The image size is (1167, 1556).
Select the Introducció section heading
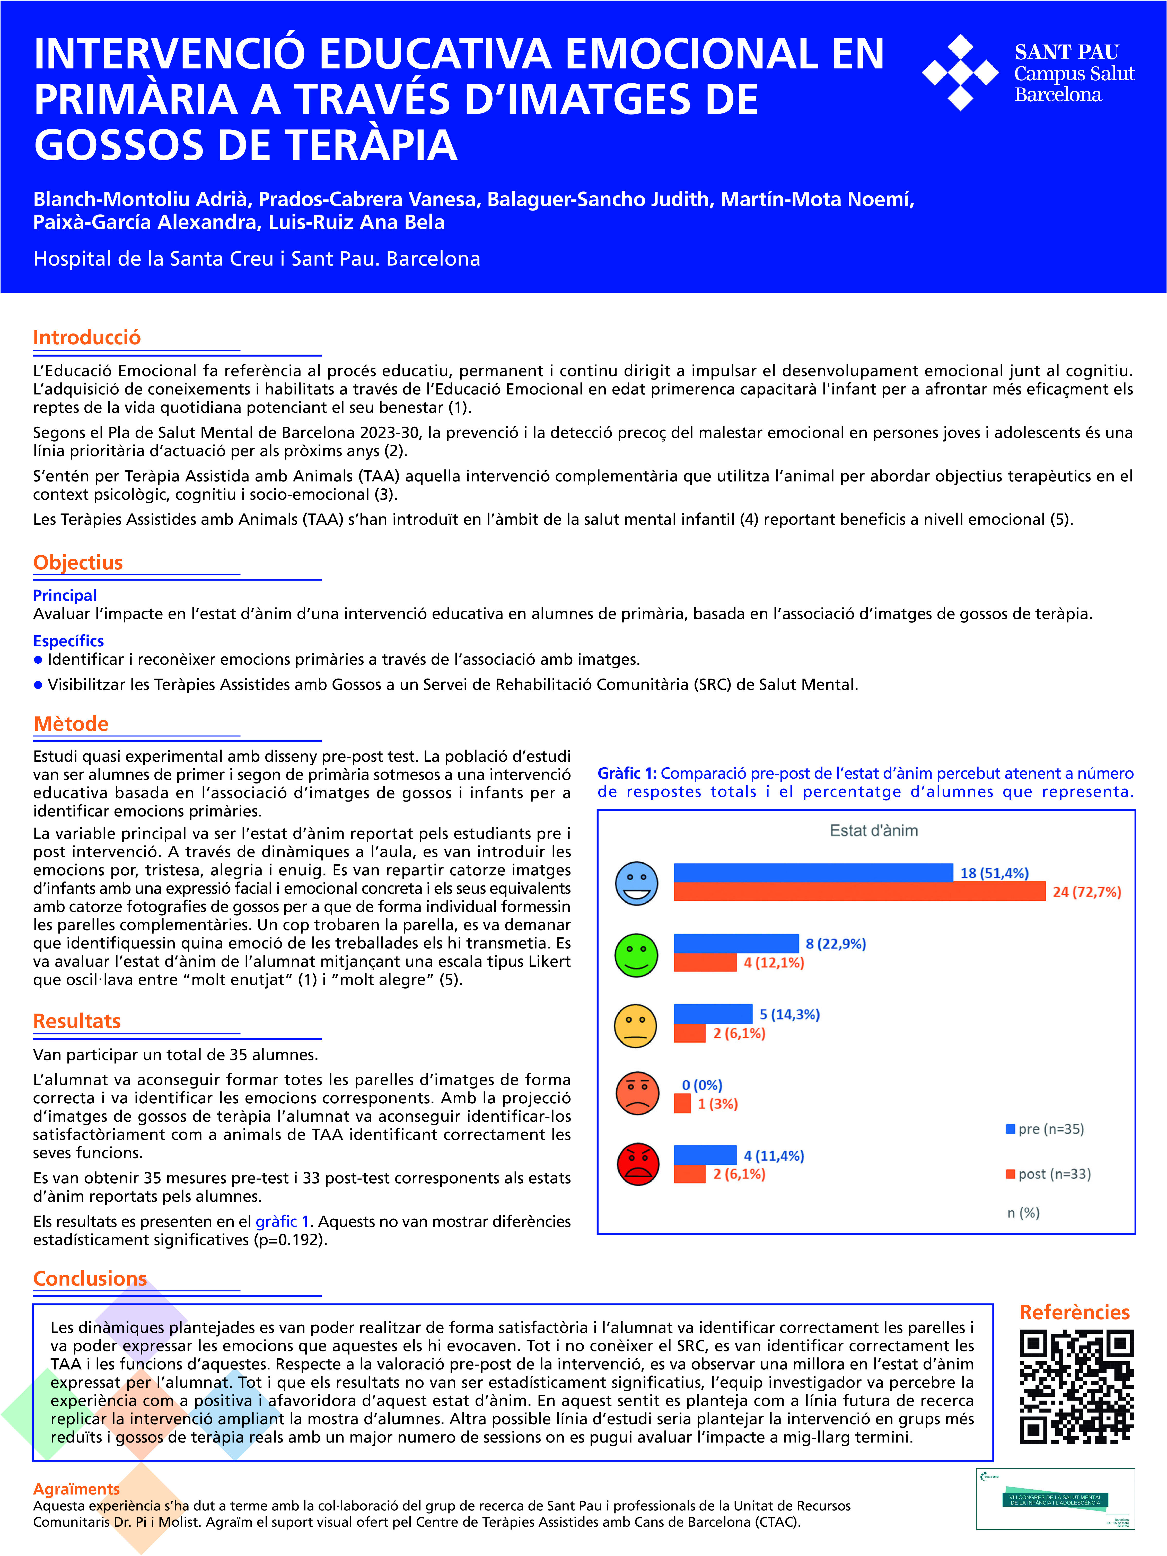coord(86,338)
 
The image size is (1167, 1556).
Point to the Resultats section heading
coord(77,1021)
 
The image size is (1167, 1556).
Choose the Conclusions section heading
coord(90,1279)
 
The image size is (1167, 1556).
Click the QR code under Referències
coord(1076,1386)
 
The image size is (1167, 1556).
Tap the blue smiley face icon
coord(637,884)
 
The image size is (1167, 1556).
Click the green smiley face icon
coord(637,955)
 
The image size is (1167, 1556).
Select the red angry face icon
coord(638,1164)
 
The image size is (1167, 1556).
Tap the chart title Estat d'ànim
coord(874,831)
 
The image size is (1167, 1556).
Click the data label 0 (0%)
coord(702,1085)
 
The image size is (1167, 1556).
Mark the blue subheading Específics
coord(68,641)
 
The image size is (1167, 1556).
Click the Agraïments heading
coord(76,1489)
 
